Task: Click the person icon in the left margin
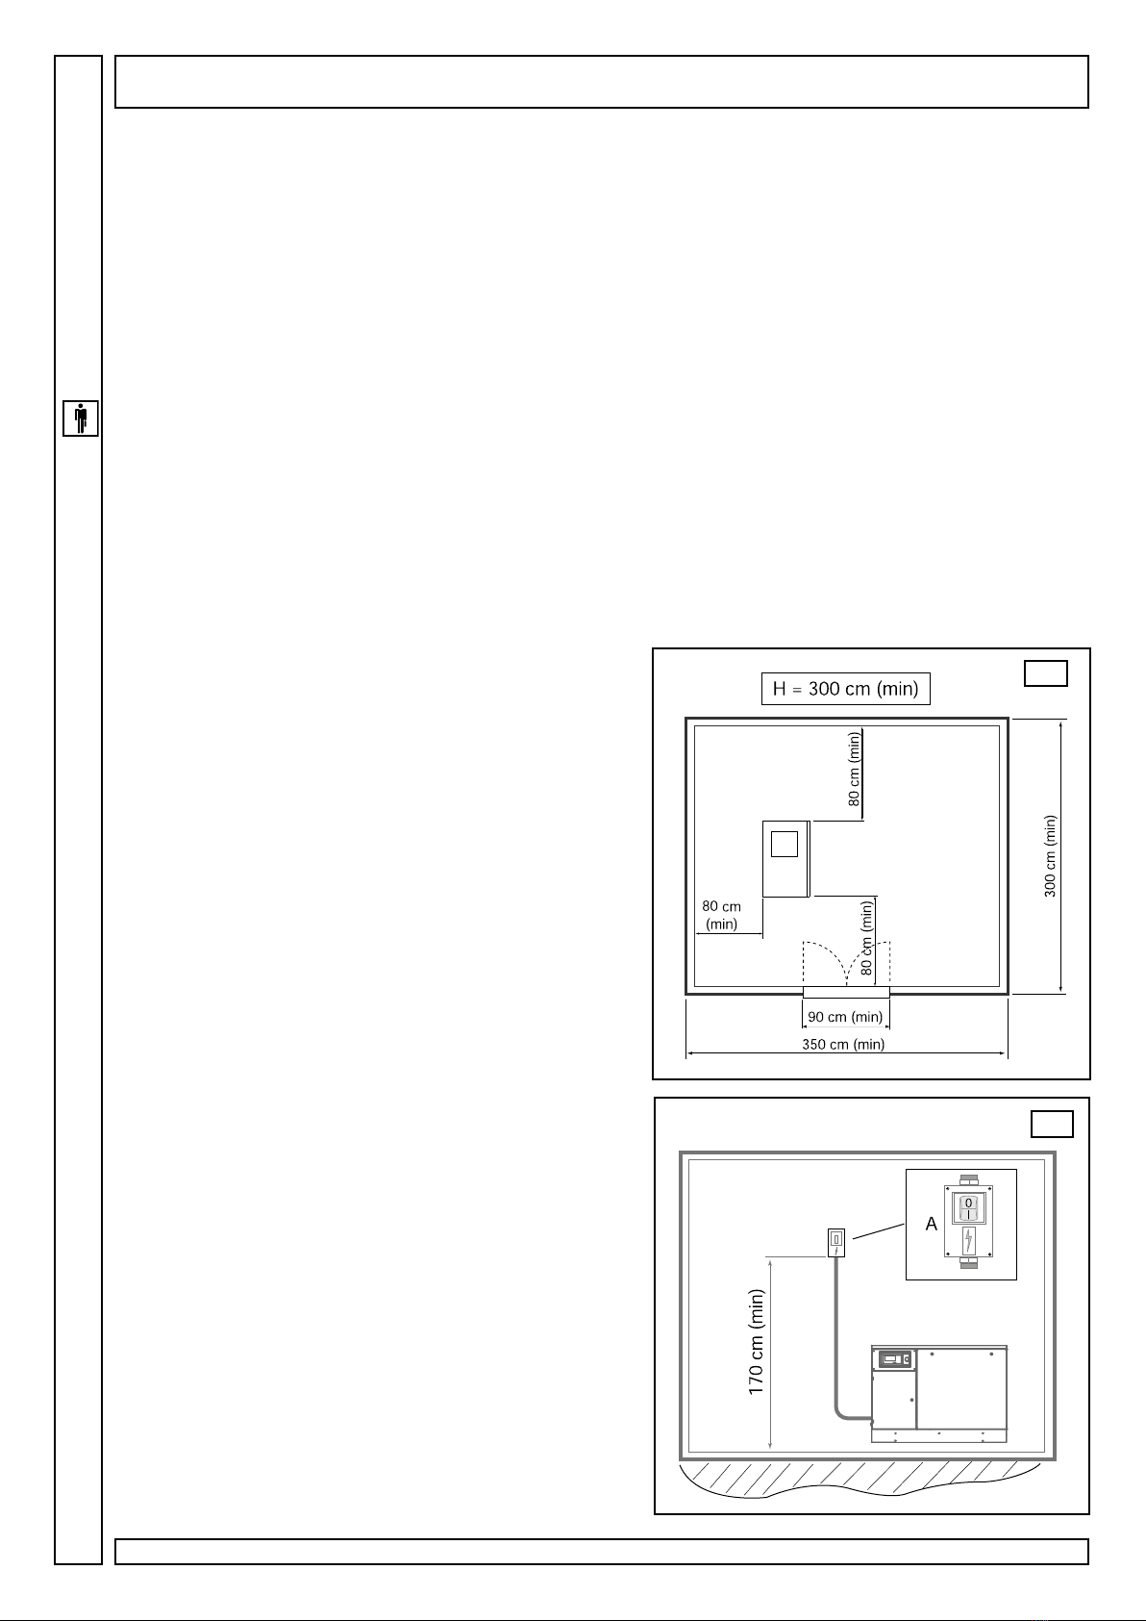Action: pos(81,418)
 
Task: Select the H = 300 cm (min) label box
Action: pos(845,688)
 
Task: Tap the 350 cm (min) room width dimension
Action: pos(843,1044)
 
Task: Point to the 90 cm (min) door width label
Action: pos(845,1017)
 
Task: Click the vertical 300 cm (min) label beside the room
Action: pos(1050,856)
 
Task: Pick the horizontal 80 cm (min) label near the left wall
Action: pos(722,915)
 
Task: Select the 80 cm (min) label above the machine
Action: pos(854,769)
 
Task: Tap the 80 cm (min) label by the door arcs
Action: pos(867,937)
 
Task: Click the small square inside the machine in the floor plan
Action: pos(785,844)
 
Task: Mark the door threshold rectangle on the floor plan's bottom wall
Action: pos(846,992)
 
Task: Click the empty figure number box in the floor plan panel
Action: pos(1045,673)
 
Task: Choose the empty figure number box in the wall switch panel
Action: pos(1051,1124)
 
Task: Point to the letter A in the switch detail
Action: pos(932,1224)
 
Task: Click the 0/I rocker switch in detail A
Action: pos(968,1207)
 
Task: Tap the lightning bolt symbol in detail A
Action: pos(968,1240)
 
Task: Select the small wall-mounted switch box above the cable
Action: pos(835,1243)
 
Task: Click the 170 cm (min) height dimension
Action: pos(756,1342)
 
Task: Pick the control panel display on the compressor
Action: pos(894,1359)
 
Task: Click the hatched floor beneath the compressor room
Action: pos(860,1478)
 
